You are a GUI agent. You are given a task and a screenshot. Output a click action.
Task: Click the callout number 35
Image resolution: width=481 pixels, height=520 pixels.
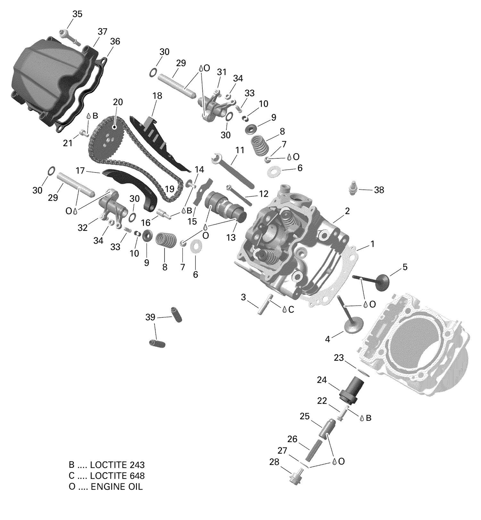pos(77,14)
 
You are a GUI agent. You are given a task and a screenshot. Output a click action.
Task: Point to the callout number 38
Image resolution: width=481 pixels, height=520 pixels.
pos(379,190)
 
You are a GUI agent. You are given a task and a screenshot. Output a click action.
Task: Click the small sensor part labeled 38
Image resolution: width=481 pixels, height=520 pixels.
pos(353,188)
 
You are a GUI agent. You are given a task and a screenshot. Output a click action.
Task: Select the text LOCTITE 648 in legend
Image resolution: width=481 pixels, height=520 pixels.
pos(117,475)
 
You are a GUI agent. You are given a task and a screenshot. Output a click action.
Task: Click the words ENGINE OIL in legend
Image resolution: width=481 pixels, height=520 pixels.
pos(117,487)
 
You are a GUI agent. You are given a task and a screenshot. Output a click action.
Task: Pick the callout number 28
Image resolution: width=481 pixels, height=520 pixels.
pos(274,462)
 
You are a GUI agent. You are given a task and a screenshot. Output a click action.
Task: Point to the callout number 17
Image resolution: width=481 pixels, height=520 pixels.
pos(80,171)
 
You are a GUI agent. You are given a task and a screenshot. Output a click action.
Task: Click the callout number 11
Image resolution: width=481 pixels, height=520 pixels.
pos(240,150)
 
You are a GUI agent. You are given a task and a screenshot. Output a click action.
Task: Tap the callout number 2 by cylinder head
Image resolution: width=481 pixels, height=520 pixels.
pos(347,211)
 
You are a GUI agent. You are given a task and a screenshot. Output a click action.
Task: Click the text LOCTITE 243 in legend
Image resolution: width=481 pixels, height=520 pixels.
pos(117,465)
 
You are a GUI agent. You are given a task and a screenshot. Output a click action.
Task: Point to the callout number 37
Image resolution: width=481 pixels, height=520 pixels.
pos(102,31)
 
